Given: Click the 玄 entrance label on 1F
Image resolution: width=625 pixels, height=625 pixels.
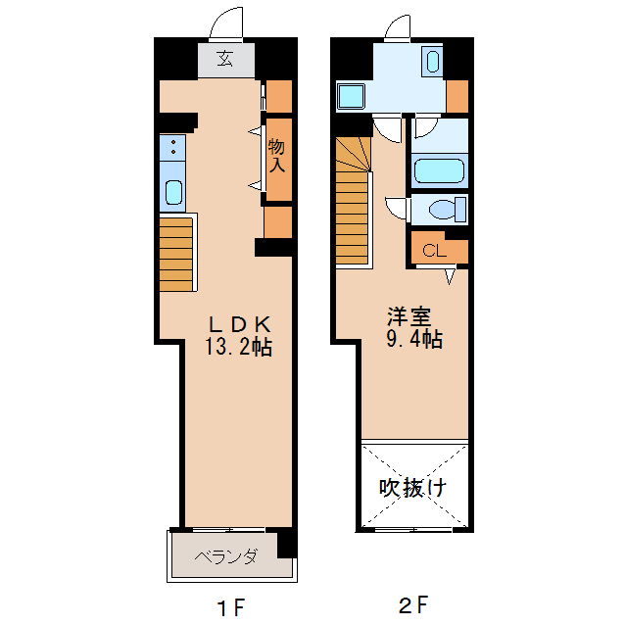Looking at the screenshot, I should coord(225,59).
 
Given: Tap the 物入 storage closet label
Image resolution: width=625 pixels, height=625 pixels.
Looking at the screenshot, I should coord(277,156).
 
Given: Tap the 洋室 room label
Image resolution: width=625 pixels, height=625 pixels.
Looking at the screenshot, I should coord(409,316).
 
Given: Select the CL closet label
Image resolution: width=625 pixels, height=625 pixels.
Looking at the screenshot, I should coord(434,251).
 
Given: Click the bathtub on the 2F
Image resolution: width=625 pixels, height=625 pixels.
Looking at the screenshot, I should coord(438,170).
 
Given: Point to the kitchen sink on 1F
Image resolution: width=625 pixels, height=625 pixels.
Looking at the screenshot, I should coord(173,191).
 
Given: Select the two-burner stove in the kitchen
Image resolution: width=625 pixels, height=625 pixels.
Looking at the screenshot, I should coord(173,148).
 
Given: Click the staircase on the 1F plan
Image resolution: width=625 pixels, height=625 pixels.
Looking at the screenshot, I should coord(177,252).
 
